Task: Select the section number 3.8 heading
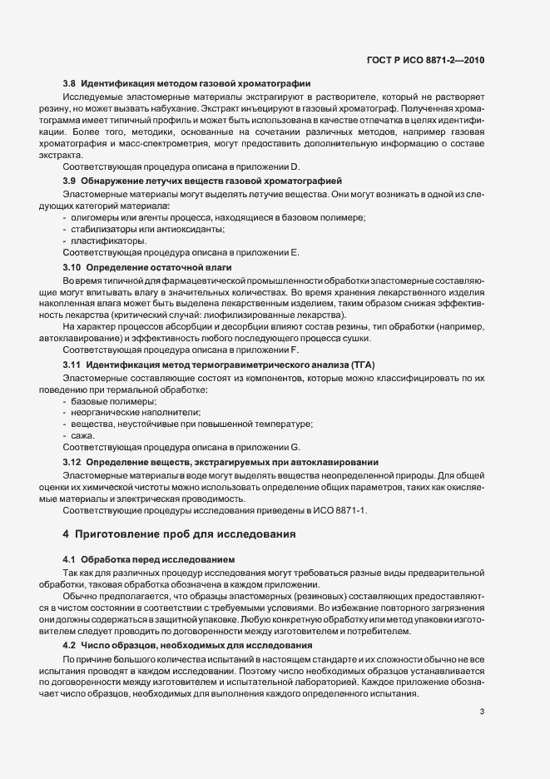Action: pyautogui.click(x=72, y=83)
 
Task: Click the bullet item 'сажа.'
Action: pyautogui.click(x=84, y=435)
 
